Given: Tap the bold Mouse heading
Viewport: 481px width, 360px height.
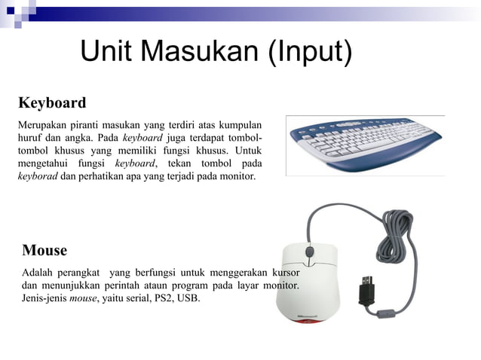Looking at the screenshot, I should [44, 250].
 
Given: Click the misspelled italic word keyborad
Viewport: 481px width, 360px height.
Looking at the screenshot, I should [37, 178].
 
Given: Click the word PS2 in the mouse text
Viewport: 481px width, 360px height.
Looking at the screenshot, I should [163, 298].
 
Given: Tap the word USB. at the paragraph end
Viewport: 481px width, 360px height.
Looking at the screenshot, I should [190, 298].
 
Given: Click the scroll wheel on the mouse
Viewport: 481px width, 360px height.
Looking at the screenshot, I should [308, 252].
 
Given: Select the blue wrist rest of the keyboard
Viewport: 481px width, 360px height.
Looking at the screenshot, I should [377, 166].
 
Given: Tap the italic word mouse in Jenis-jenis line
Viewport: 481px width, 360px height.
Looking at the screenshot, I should [82, 298].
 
